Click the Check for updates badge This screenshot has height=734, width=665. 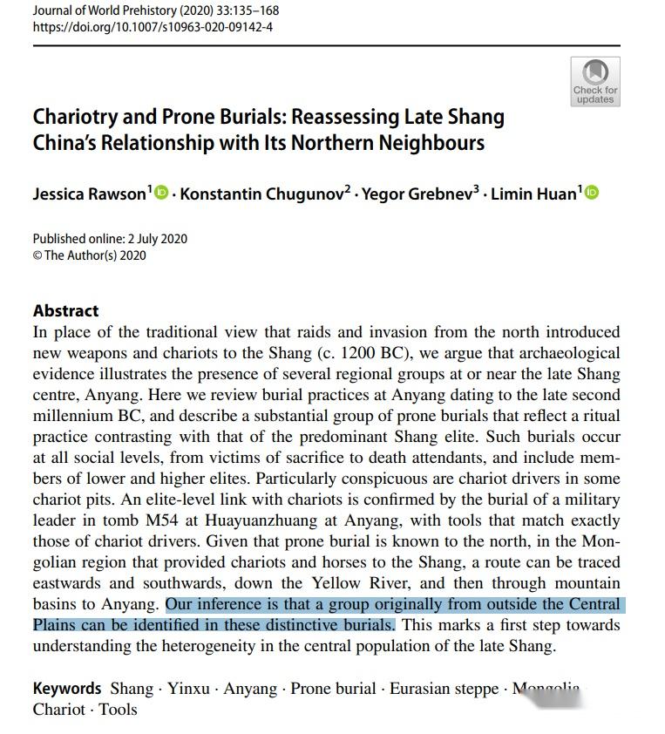[595, 81]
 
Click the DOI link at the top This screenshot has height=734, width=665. [153, 27]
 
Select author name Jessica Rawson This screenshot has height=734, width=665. [89, 194]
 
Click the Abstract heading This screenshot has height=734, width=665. [66, 311]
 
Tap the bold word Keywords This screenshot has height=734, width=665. [67, 689]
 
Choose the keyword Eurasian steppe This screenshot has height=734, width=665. [443, 689]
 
